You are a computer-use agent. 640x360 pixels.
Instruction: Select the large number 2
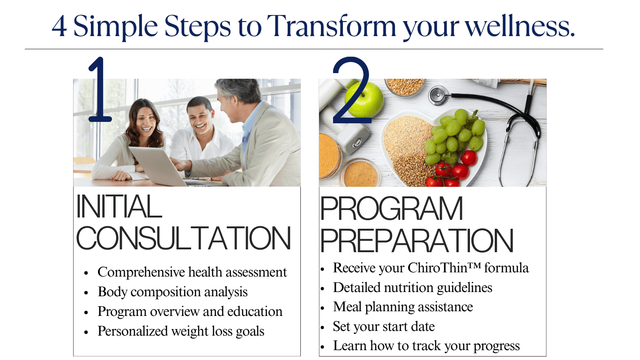click(351, 91)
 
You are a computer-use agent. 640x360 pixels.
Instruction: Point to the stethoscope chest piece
click(438, 95)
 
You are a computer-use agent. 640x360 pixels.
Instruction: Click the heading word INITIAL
click(119, 206)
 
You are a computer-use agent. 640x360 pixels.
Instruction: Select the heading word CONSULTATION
click(184, 238)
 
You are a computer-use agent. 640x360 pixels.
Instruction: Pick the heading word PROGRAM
click(392, 209)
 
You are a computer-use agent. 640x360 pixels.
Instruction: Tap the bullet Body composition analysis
click(172, 292)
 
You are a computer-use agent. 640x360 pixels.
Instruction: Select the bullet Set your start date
click(384, 326)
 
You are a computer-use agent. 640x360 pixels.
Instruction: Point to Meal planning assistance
click(403, 307)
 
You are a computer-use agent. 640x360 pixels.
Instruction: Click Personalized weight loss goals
click(181, 331)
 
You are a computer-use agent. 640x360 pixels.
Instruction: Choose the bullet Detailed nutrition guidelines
click(412, 287)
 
